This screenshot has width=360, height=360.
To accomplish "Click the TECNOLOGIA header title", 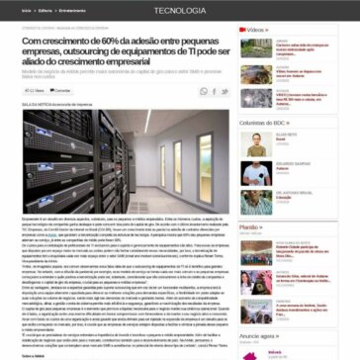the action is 179,10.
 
